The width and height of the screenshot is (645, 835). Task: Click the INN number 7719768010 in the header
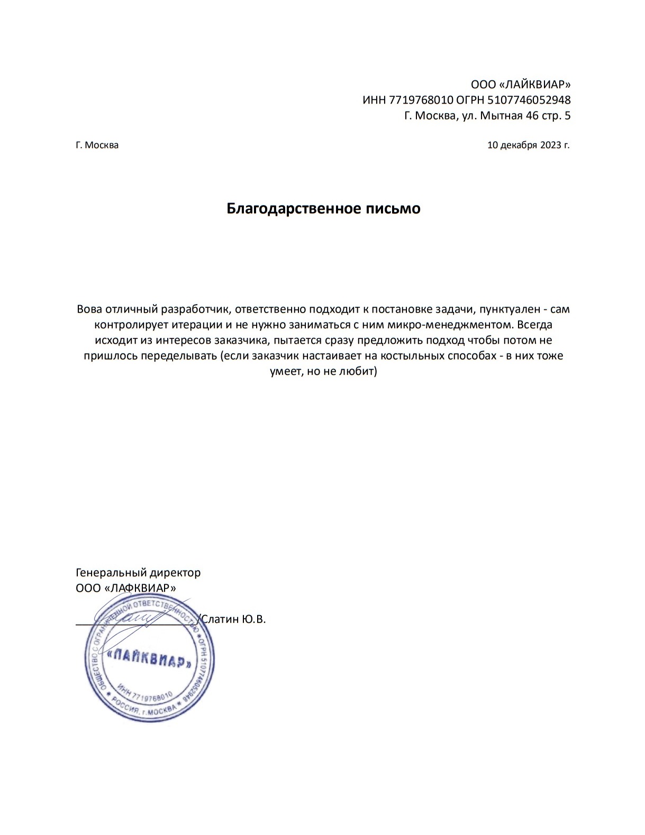point(421,100)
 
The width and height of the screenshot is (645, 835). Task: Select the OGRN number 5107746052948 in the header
point(529,100)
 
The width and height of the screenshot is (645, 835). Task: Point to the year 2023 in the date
point(551,145)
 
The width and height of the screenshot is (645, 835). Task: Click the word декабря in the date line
point(519,145)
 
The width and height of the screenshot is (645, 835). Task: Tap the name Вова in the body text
point(89,309)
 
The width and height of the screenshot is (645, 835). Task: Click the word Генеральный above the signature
point(111,573)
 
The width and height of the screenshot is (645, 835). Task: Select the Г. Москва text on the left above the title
point(97,145)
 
